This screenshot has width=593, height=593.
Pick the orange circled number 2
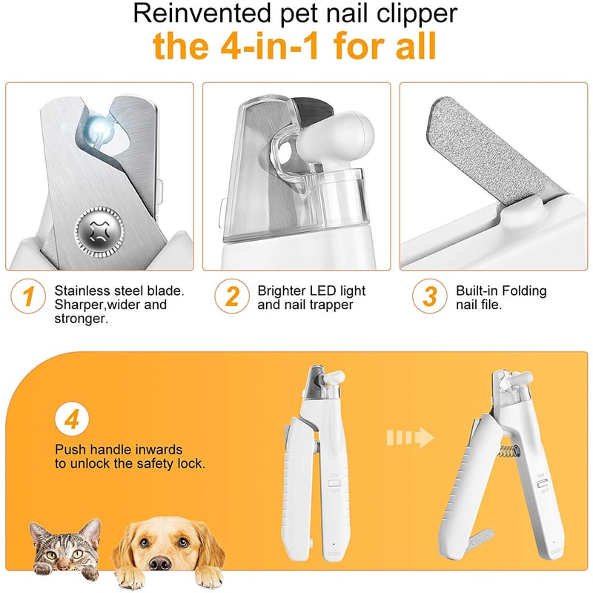232,297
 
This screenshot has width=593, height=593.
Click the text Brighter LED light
311,291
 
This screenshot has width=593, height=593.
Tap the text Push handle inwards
119,450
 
